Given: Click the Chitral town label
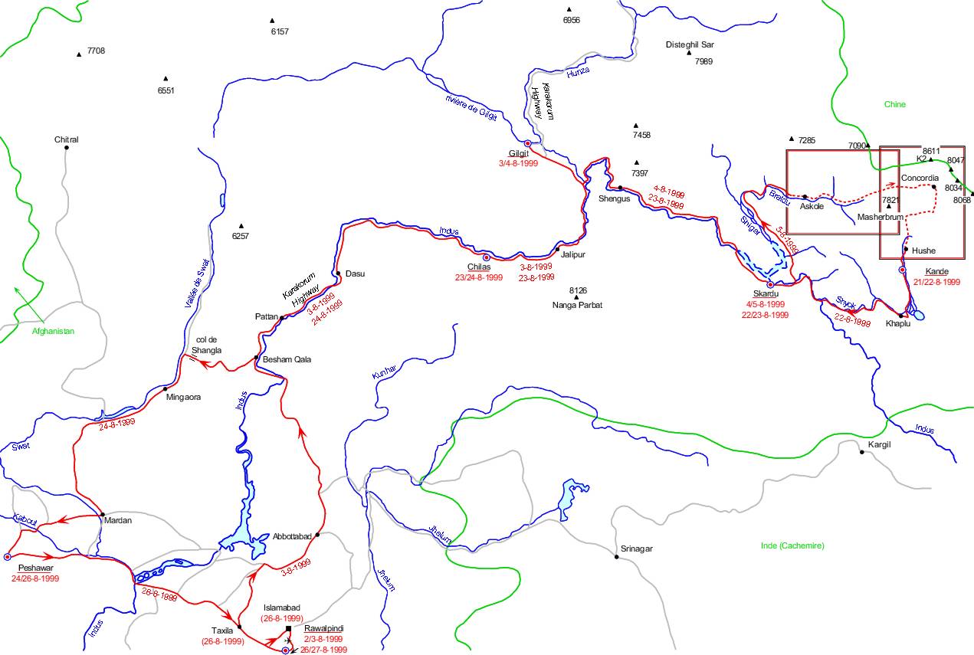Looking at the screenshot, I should click(67, 139).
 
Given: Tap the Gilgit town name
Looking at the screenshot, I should click(519, 153).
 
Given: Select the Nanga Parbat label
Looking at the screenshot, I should click(577, 305).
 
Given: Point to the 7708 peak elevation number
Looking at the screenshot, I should click(96, 51).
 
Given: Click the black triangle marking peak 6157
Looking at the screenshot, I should click(272, 21).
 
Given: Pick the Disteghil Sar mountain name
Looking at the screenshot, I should click(690, 44).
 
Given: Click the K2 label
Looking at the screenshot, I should click(921, 159).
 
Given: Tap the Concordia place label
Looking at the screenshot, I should click(920, 178).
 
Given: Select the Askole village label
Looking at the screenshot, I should click(812, 207).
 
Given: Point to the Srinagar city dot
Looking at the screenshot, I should click(616, 557).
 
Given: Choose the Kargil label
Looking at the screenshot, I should click(879, 444).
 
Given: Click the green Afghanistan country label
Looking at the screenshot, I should click(53, 331).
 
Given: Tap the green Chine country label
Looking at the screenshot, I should click(894, 104).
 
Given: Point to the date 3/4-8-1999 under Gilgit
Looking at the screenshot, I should click(519, 163).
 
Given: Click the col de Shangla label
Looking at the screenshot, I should click(208, 345).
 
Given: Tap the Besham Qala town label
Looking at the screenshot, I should click(287, 359).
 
